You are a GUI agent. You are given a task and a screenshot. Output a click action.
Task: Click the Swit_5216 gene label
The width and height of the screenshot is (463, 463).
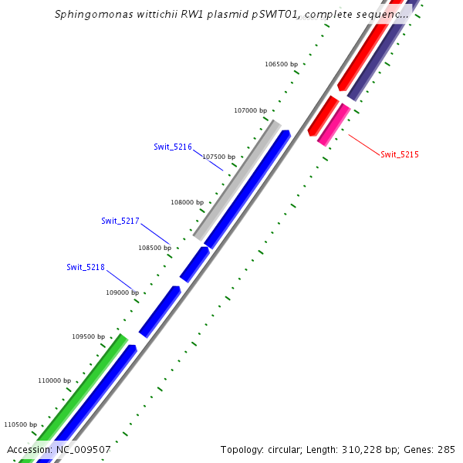pos(173,146)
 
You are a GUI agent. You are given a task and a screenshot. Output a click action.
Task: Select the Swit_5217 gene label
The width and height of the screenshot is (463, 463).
pos(120,221)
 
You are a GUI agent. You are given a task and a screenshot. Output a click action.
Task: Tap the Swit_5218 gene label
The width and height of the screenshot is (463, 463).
pos(86,267)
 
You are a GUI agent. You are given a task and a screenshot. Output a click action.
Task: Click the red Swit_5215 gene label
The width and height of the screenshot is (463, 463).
pos(400,154)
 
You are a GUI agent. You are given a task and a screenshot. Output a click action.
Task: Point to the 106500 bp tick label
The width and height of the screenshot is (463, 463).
pos(281,64)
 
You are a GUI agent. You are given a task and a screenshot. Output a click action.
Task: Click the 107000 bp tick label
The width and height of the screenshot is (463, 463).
pos(250,110)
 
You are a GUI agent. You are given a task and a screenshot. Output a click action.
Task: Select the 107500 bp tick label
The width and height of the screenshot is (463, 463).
pos(219,157)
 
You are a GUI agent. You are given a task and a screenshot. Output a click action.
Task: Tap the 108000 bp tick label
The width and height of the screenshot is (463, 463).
pos(187,202)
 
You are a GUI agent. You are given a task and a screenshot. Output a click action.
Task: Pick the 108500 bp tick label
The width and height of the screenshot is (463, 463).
pos(155,248)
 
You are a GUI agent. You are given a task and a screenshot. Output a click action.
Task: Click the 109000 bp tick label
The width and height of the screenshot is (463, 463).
pos(122,292)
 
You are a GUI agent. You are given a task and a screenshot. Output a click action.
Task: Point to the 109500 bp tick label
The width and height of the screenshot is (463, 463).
pos(89,336)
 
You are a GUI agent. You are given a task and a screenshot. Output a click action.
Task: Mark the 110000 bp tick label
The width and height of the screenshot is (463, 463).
pos(55,380)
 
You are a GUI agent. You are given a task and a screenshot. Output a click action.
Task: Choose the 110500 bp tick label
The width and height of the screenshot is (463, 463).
pos(21,424)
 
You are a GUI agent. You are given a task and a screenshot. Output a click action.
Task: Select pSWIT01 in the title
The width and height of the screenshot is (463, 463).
pos(281,15)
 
